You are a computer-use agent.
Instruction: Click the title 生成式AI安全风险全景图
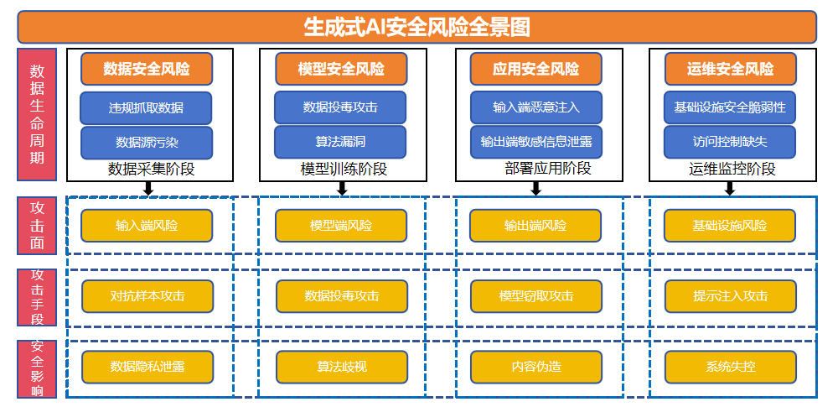pyautogui.click(x=416, y=26)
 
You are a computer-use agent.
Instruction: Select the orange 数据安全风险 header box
pyautogui.click(x=147, y=69)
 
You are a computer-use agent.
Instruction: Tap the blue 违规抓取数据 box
pyautogui.click(x=147, y=108)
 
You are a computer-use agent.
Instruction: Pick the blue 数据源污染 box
pyautogui.click(x=147, y=143)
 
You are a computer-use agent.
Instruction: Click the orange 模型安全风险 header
pyautogui.click(x=341, y=69)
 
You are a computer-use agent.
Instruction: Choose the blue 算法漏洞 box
pyautogui.click(x=341, y=143)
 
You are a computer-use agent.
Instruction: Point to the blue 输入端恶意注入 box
pyautogui.click(x=536, y=108)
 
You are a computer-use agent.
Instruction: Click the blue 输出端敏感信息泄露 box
pyautogui.click(x=536, y=143)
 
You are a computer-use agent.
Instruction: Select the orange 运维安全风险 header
pyautogui.click(x=730, y=69)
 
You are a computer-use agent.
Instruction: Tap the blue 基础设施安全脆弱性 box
pyautogui.click(x=730, y=108)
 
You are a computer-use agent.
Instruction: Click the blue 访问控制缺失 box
pyautogui.click(x=730, y=143)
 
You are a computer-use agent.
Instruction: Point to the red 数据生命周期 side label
pyautogui.click(x=37, y=114)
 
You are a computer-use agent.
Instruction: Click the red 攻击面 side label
pyautogui.click(x=37, y=226)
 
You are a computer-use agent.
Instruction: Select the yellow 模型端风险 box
pyautogui.click(x=341, y=226)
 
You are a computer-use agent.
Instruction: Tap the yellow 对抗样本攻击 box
pyautogui.click(x=147, y=296)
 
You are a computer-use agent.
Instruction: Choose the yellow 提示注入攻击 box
pyautogui.click(x=730, y=296)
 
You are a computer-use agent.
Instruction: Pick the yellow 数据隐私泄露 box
pyautogui.click(x=147, y=367)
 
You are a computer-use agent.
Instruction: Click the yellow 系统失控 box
pyautogui.click(x=730, y=367)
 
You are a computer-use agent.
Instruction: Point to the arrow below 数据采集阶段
pyautogui.click(x=148, y=189)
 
